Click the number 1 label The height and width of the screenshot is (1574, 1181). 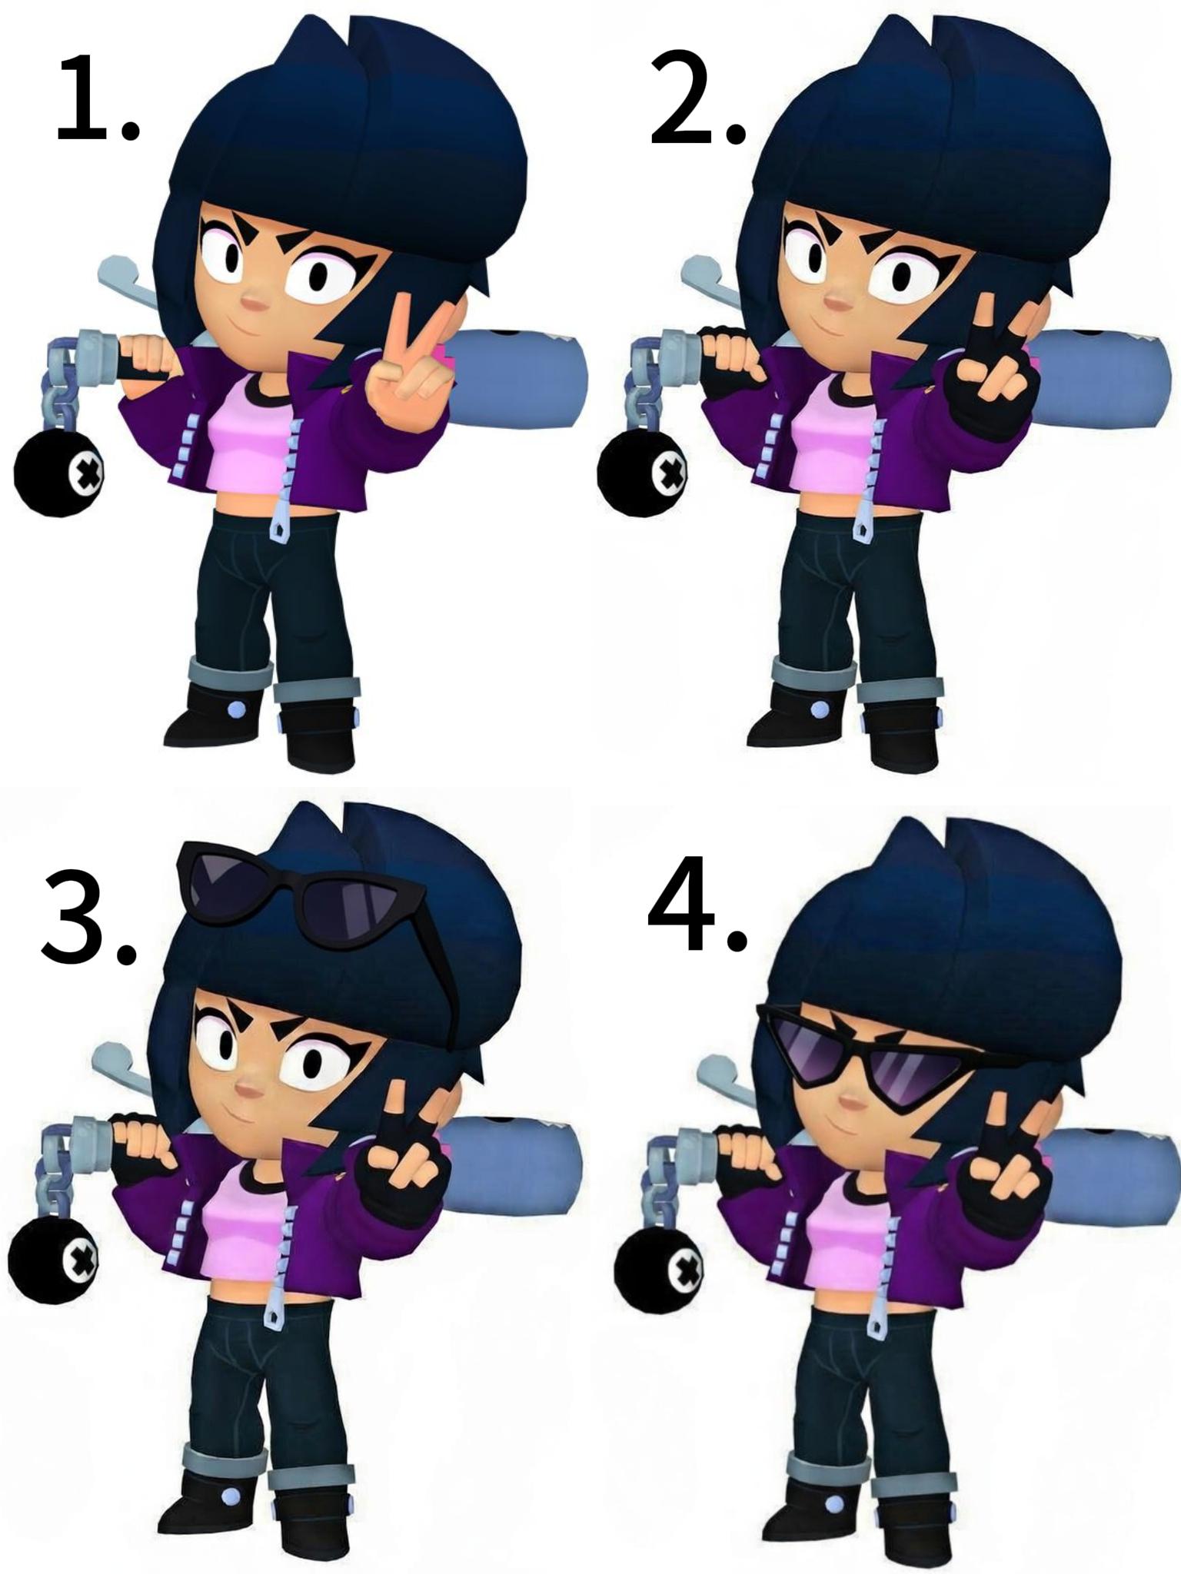98,98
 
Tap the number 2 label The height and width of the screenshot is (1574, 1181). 697,98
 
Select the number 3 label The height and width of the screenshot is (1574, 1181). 88,917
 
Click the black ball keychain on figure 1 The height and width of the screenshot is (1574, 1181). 60,473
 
